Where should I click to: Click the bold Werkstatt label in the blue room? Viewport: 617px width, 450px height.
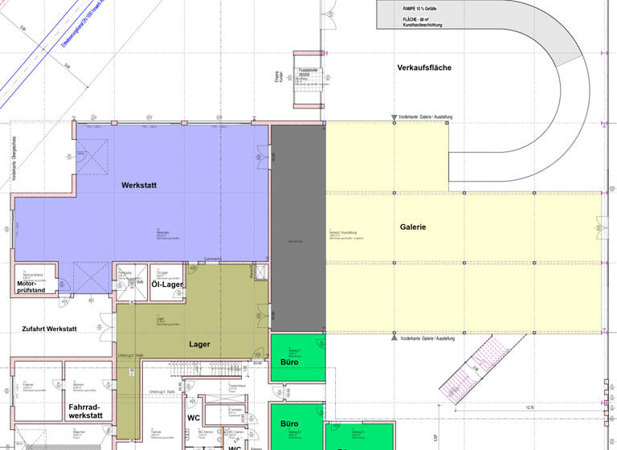pyautogui.click(x=139, y=186)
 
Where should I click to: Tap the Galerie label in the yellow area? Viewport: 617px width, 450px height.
pyautogui.click(x=413, y=227)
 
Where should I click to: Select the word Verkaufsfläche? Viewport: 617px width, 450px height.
pyautogui.click(x=424, y=67)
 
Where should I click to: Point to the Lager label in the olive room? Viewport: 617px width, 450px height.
pyautogui.click(x=199, y=344)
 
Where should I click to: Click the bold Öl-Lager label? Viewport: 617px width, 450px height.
pyautogui.click(x=168, y=284)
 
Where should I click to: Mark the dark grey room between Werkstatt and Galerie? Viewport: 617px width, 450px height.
pyautogui.click(x=297, y=229)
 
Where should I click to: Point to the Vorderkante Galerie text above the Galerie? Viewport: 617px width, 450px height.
pyautogui.click(x=427, y=118)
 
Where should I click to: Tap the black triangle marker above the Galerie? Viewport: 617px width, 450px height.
pyautogui.click(x=394, y=118)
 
